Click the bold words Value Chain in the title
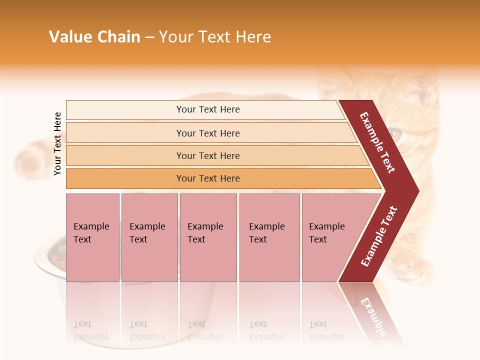[x=94, y=37]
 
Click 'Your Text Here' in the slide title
[x=215, y=37]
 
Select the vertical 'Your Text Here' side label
[x=57, y=143]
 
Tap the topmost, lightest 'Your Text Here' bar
[x=208, y=109]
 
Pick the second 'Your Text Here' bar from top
[x=208, y=133]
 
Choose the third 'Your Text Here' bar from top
[x=208, y=155]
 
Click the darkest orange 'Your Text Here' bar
[x=208, y=178]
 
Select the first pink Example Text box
[x=92, y=237]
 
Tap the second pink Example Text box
[x=149, y=237]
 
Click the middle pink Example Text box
[x=208, y=237]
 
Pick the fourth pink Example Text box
[x=269, y=237]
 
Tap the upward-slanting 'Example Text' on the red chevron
[x=379, y=236]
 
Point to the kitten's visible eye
[x=395, y=133]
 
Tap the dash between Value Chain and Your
[x=149, y=37]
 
